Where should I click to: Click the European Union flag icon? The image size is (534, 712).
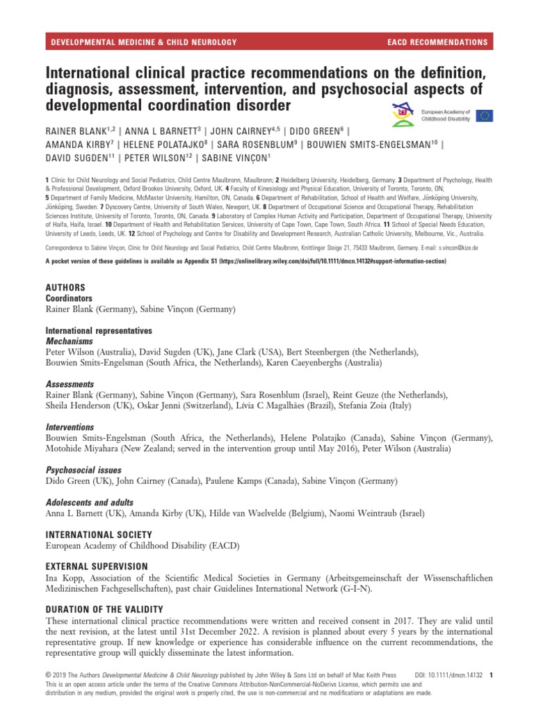485,115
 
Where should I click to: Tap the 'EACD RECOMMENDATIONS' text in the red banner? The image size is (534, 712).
437,42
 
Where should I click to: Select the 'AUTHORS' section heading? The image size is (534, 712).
65,287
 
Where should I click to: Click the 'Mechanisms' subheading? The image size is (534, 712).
69,342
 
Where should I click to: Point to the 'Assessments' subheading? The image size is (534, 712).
70,384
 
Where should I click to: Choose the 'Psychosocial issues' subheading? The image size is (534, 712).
83,469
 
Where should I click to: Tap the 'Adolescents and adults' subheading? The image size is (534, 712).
90,502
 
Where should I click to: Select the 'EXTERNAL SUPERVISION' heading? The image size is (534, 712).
97,567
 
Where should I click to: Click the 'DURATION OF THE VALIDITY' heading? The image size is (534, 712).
104,609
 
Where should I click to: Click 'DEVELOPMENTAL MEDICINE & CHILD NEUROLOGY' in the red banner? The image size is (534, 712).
145,42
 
